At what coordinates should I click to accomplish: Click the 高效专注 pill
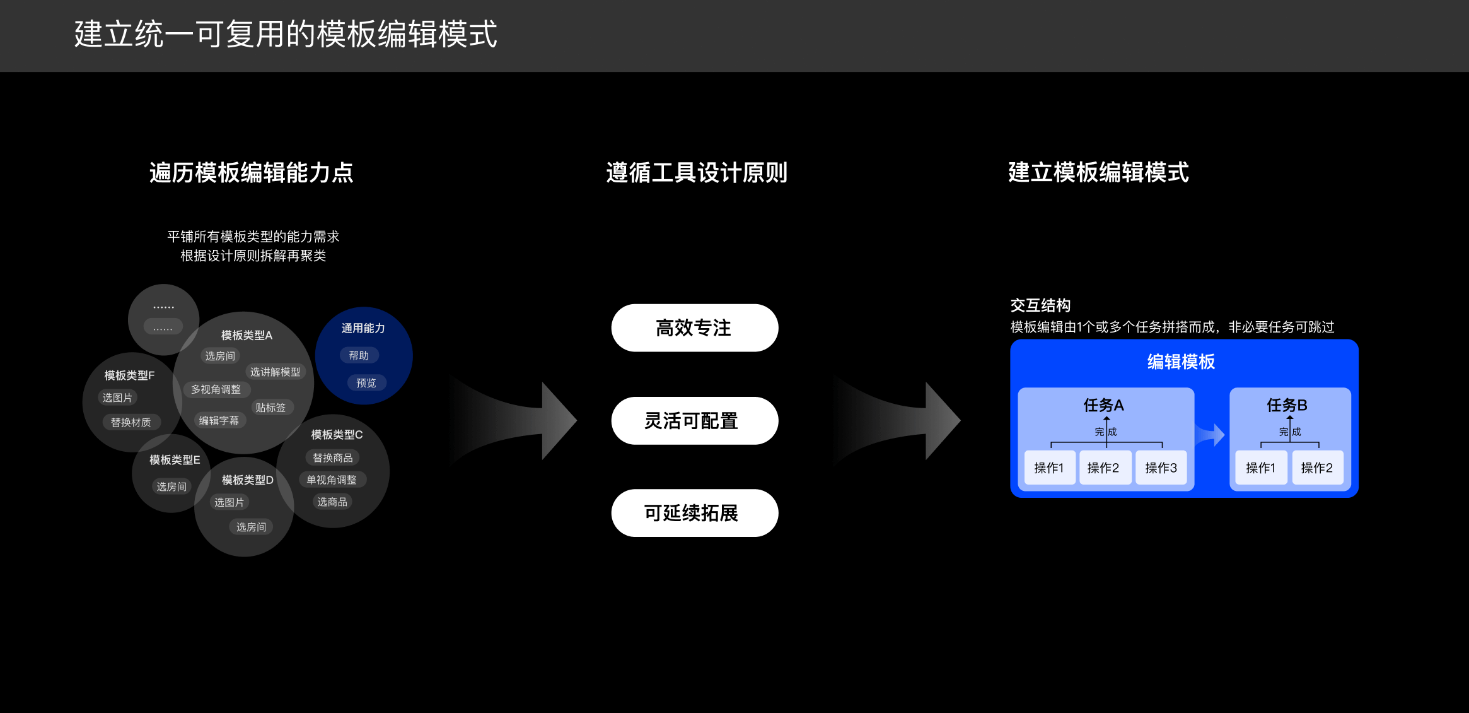[x=694, y=328]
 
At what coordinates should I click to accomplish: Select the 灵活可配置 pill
[x=694, y=421]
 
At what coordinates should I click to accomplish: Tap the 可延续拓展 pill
[x=694, y=513]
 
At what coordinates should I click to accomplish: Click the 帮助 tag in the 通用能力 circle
[x=359, y=355]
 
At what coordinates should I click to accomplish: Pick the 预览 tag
[x=366, y=383]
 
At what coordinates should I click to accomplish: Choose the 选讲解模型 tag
[x=275, y=372]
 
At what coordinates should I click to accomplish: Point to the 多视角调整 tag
[x=216, y=390]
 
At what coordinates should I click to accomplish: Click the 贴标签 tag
[x=270, y=408]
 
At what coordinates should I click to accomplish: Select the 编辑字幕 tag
[x=219, y=420]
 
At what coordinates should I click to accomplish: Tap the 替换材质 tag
[x=131, y=422]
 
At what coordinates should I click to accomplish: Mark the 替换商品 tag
[x=332, y=457]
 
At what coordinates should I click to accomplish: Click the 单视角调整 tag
[x=332, y=480]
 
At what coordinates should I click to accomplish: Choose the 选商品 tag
[x=332, y=502]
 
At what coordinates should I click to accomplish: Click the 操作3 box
[x=1161, y=468]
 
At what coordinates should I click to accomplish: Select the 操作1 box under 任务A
[x=1049, y=468]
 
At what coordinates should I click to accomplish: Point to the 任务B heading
[x=1287, y=405]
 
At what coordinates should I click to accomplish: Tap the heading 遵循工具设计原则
[x=697, y=172]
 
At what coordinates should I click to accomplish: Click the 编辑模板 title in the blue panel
[x=1181, y=362]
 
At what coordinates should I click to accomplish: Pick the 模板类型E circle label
[x=175, y=460]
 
